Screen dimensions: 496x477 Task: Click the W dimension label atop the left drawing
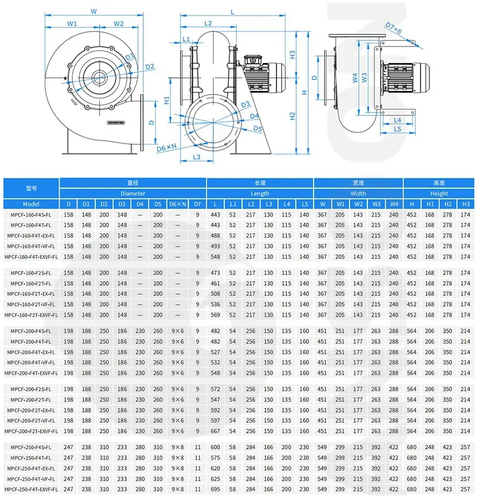tap(94, 11)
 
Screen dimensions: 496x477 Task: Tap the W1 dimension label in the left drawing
tap(72, 24)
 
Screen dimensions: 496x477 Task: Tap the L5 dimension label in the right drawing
tap(398, 128)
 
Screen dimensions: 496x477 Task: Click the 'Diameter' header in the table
tap(132, 194)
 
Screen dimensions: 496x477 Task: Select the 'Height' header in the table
tap(439, 194)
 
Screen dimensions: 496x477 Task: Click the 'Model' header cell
tap(31, 204)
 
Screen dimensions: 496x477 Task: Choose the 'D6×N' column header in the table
tap(177, 204)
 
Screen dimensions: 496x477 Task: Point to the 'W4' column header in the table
tap(394, 204)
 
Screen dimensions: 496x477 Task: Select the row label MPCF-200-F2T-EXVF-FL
tap(31, 431)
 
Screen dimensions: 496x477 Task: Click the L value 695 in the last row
tap(215, 489)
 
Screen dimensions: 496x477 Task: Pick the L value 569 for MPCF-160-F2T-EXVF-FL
tap(215, 315)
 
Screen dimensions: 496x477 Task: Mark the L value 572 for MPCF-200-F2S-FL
tap(215, 388)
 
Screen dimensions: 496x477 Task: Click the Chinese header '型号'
tap(31, 188)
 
